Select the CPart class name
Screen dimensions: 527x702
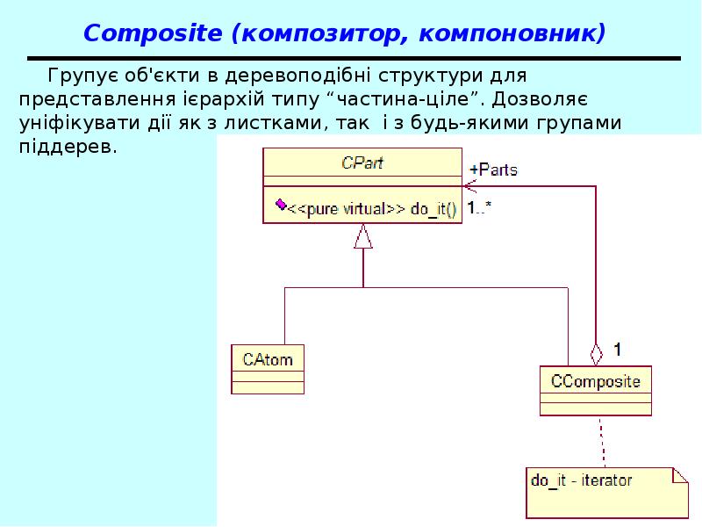(362, 162)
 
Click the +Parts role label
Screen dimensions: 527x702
(494, 170)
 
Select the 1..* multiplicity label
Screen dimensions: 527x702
(478, 209)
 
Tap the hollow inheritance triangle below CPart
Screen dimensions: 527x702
(363, 236)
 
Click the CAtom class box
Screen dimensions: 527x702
(268, 369)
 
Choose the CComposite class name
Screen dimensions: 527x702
(595, 381)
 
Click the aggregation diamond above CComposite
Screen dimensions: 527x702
(597, 354)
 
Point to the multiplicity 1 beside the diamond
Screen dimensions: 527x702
(617, 349)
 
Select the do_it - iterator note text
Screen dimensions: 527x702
(582, 480)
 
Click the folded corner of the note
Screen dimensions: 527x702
(680, 475)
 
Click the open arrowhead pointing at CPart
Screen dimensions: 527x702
(469, 185)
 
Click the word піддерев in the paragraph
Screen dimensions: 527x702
(66, 146)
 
